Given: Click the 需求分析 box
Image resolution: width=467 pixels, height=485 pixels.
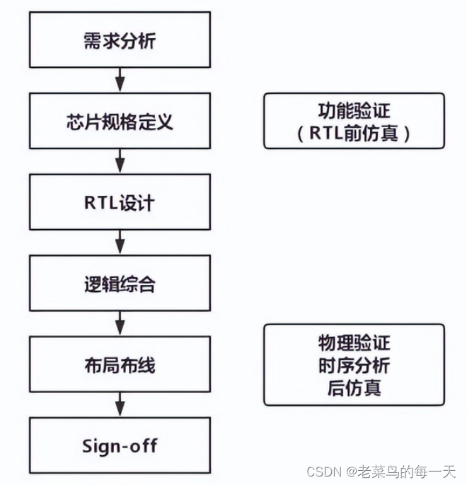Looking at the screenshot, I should click(120, 40).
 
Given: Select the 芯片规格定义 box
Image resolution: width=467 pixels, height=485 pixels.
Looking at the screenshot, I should click(120, 122).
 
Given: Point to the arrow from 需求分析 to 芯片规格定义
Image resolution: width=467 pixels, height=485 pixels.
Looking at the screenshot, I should click(120, 78).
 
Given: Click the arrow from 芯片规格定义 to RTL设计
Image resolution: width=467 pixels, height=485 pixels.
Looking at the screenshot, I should click(120, 160).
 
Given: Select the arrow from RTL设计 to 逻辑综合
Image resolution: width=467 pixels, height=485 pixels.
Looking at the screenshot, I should click(120, 241).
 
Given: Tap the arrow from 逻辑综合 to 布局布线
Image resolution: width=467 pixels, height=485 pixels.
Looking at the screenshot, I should click(120, 322).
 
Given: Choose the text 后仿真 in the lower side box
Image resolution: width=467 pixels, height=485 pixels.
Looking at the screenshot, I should click(354, 386).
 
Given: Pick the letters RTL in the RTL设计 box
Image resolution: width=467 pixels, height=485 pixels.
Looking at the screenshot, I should click(98, 203).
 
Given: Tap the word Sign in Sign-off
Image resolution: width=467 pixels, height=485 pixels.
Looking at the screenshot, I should click(98, 446).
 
